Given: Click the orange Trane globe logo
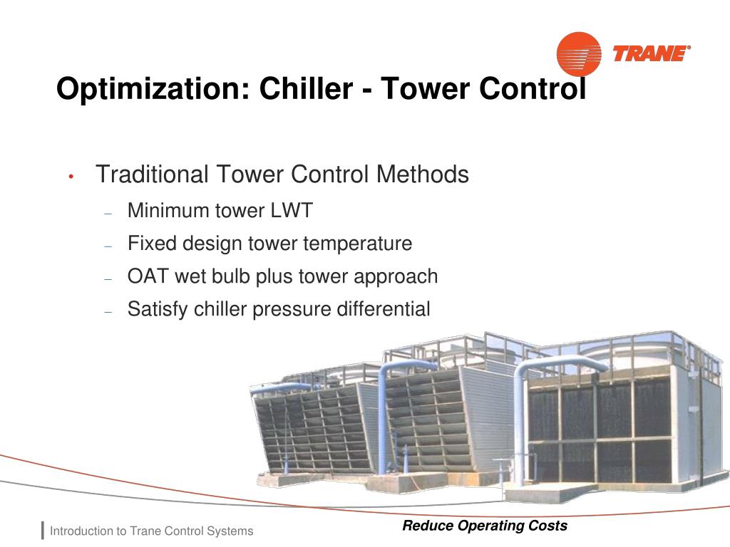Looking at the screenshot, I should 578,53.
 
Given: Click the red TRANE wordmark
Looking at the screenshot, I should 651,54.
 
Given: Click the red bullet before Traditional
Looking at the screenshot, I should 72,177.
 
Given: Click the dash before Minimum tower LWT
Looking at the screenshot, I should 108,212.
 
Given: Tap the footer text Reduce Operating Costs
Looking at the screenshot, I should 485,526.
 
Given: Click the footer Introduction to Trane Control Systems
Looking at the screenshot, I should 151,531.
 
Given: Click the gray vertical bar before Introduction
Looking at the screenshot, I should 43,531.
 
